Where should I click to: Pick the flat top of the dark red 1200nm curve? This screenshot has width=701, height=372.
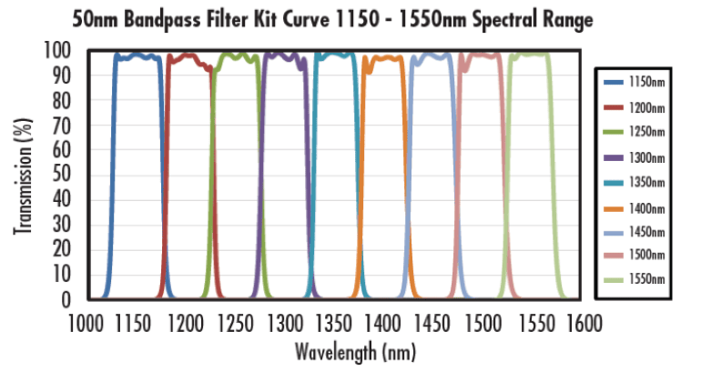coord(187,56)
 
